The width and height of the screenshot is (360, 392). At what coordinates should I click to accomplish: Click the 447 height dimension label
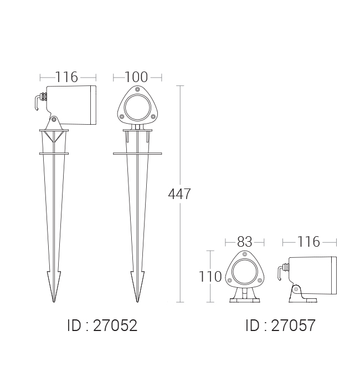tap(179, 194)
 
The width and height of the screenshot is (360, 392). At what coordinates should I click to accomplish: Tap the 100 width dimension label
tap(136, 77)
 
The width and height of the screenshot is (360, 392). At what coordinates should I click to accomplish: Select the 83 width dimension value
tap(245, 242)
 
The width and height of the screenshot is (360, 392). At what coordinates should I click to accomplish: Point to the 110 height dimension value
tap(210, 277)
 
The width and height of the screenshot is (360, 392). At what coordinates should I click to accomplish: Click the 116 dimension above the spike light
tap(66, 77)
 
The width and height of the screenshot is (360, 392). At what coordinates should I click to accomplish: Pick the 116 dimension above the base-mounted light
tap(308, 242)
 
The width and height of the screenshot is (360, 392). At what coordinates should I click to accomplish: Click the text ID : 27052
tap(102, 325)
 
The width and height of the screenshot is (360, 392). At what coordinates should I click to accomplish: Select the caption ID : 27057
tap(280, 325)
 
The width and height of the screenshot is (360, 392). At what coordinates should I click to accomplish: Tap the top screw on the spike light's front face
tap(137, 89)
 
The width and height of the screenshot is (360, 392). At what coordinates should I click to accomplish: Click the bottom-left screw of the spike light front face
tap(122, 116)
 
